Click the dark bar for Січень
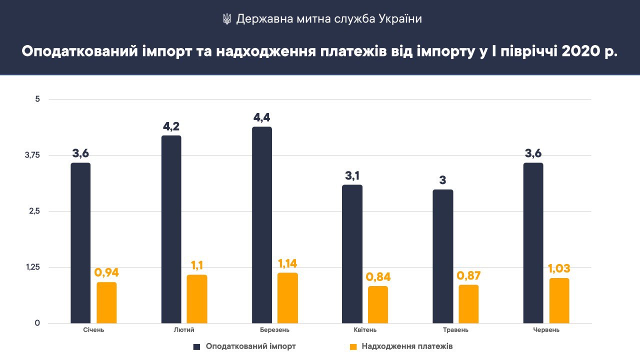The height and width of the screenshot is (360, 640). point(80,243)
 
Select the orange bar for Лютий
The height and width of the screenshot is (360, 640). point(197,299)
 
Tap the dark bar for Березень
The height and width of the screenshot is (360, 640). point(262,225)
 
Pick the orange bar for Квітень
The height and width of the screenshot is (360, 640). point(378,304)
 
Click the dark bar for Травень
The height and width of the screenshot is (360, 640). point(443,256)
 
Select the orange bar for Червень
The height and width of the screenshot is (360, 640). point(559,300)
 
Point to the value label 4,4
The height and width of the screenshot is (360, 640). point(262,118)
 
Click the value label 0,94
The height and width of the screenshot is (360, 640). point(106,273)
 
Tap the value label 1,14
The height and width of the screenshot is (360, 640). point(287,263)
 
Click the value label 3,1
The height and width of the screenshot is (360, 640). point(352,176)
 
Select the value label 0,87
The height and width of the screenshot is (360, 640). point(468,275)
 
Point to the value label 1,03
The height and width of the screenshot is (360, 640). point(559,269)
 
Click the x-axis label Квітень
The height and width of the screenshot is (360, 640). point(365,330)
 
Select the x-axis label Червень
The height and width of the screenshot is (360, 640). point(546,330)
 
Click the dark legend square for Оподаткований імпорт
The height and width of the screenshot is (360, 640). point(197,346)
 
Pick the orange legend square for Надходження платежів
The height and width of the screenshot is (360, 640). point(353,346)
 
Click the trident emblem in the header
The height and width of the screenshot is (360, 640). point(226,19)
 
